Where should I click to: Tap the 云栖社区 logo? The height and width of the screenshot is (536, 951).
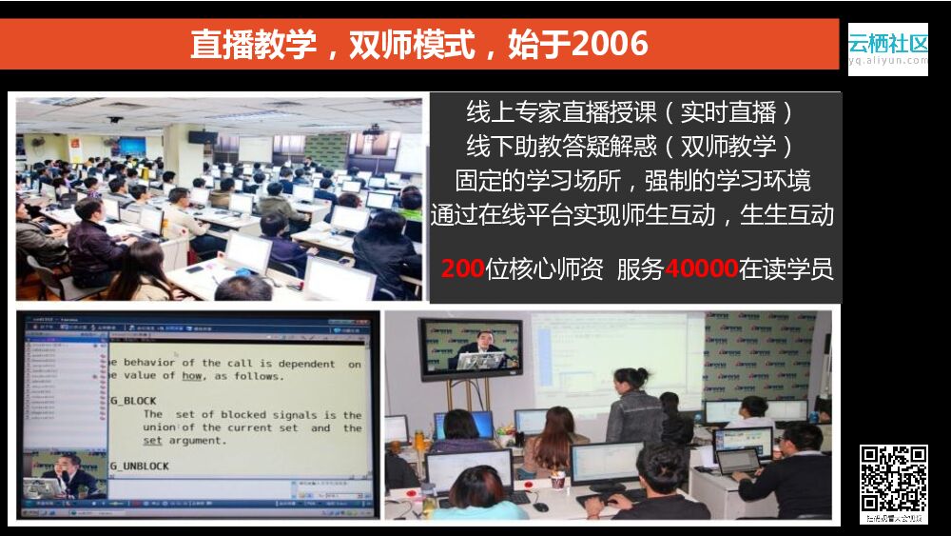(x=887, y=43)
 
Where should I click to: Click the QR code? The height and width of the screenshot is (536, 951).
(x=893, y=478)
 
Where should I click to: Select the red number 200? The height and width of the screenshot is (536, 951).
(x=462, y=269)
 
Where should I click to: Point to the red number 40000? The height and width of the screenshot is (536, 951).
(x=702, y=269)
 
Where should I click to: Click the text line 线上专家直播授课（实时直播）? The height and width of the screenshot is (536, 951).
(x=631, y=112)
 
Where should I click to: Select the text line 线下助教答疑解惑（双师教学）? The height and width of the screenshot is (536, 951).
(x=631, y=147)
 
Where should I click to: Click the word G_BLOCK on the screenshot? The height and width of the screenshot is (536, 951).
(x=133, y=401)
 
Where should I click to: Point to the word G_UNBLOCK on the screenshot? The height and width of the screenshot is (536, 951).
(x=140, y=467)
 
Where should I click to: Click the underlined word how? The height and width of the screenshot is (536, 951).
(x=192, y=376)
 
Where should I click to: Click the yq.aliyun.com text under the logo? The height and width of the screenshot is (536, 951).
(x=887, y=60)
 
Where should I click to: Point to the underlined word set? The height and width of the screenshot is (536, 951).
(x=153, y=441)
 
